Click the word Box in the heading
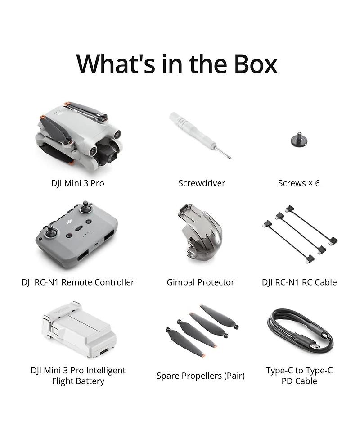pyautogui.click(x=256, y=64)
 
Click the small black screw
pyautogui.click(x=299, y=139)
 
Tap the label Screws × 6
pyautogui.click(x=299, y=183)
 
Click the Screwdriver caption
pyautogui.click(x=202, y=183)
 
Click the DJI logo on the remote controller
pyautogui.click(x=69, y=222)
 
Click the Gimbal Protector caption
pyautogui.click(x=200, y=282)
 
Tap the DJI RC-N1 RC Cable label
pyautogui.click(x=299, y=282)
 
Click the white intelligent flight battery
pyautogui.click(x=79, y=330)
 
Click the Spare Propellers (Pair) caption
pyautogui.click(x=200, y=376)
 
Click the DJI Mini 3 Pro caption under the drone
pyautogui.click(x=78, y=183)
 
